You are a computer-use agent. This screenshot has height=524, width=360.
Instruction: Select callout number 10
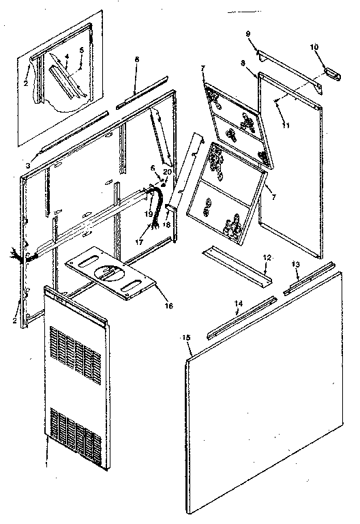(x=313, y=47)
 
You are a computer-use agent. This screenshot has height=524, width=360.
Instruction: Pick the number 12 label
(x=267, y=258)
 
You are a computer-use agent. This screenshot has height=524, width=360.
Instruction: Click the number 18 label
(x=167, y=226)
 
